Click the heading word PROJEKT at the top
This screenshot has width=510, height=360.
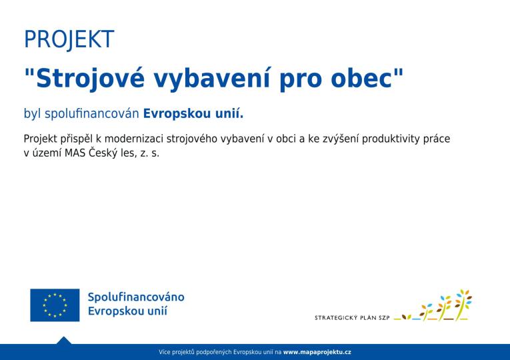[69, 39]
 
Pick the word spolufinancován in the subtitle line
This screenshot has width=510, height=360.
[92, 114]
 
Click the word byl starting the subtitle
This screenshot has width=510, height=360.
[32, 114]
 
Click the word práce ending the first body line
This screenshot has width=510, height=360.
[437, 139]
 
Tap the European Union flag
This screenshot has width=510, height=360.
[55, 305]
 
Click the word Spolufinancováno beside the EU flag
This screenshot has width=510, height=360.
[136, 297]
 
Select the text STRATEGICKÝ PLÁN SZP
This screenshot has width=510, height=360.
[352, 317]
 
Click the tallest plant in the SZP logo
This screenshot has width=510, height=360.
[464, 304]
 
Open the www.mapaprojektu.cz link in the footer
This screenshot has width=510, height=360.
[317, 351]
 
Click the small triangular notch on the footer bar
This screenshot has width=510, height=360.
[63, 340]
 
